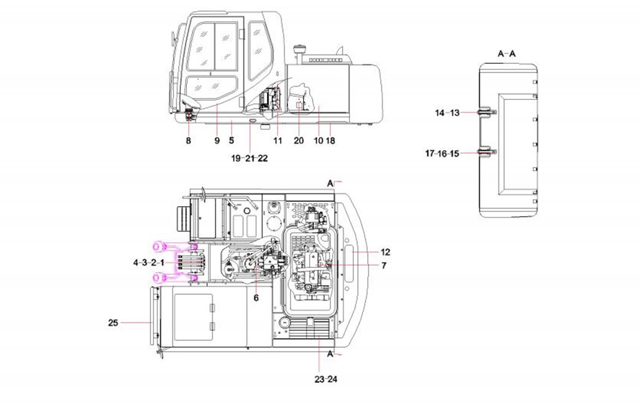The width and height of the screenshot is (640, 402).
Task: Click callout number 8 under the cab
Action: [188, 141]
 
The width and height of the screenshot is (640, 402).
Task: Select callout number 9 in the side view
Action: [217, 141]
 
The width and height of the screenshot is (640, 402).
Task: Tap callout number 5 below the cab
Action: [232, 141]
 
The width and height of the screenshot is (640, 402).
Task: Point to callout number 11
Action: [278, 141]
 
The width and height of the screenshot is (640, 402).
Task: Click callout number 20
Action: [299, 141]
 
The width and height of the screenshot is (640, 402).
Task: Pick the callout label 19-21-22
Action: [250, 158]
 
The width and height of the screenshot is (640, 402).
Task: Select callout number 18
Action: [330, 141]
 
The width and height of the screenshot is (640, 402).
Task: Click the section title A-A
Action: [506, 54]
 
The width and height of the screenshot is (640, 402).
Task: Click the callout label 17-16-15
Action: [442, 153]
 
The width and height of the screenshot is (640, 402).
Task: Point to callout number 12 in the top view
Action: [385, 252]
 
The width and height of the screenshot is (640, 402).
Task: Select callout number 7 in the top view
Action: [384, 266]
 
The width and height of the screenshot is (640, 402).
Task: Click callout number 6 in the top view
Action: [256, 298]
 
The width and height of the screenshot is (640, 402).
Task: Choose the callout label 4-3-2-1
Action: [148, 262]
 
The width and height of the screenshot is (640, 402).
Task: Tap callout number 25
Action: [113, 322]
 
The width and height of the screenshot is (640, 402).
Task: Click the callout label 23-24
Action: [326, 379]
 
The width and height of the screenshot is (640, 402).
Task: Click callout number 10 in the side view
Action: [318, 141]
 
